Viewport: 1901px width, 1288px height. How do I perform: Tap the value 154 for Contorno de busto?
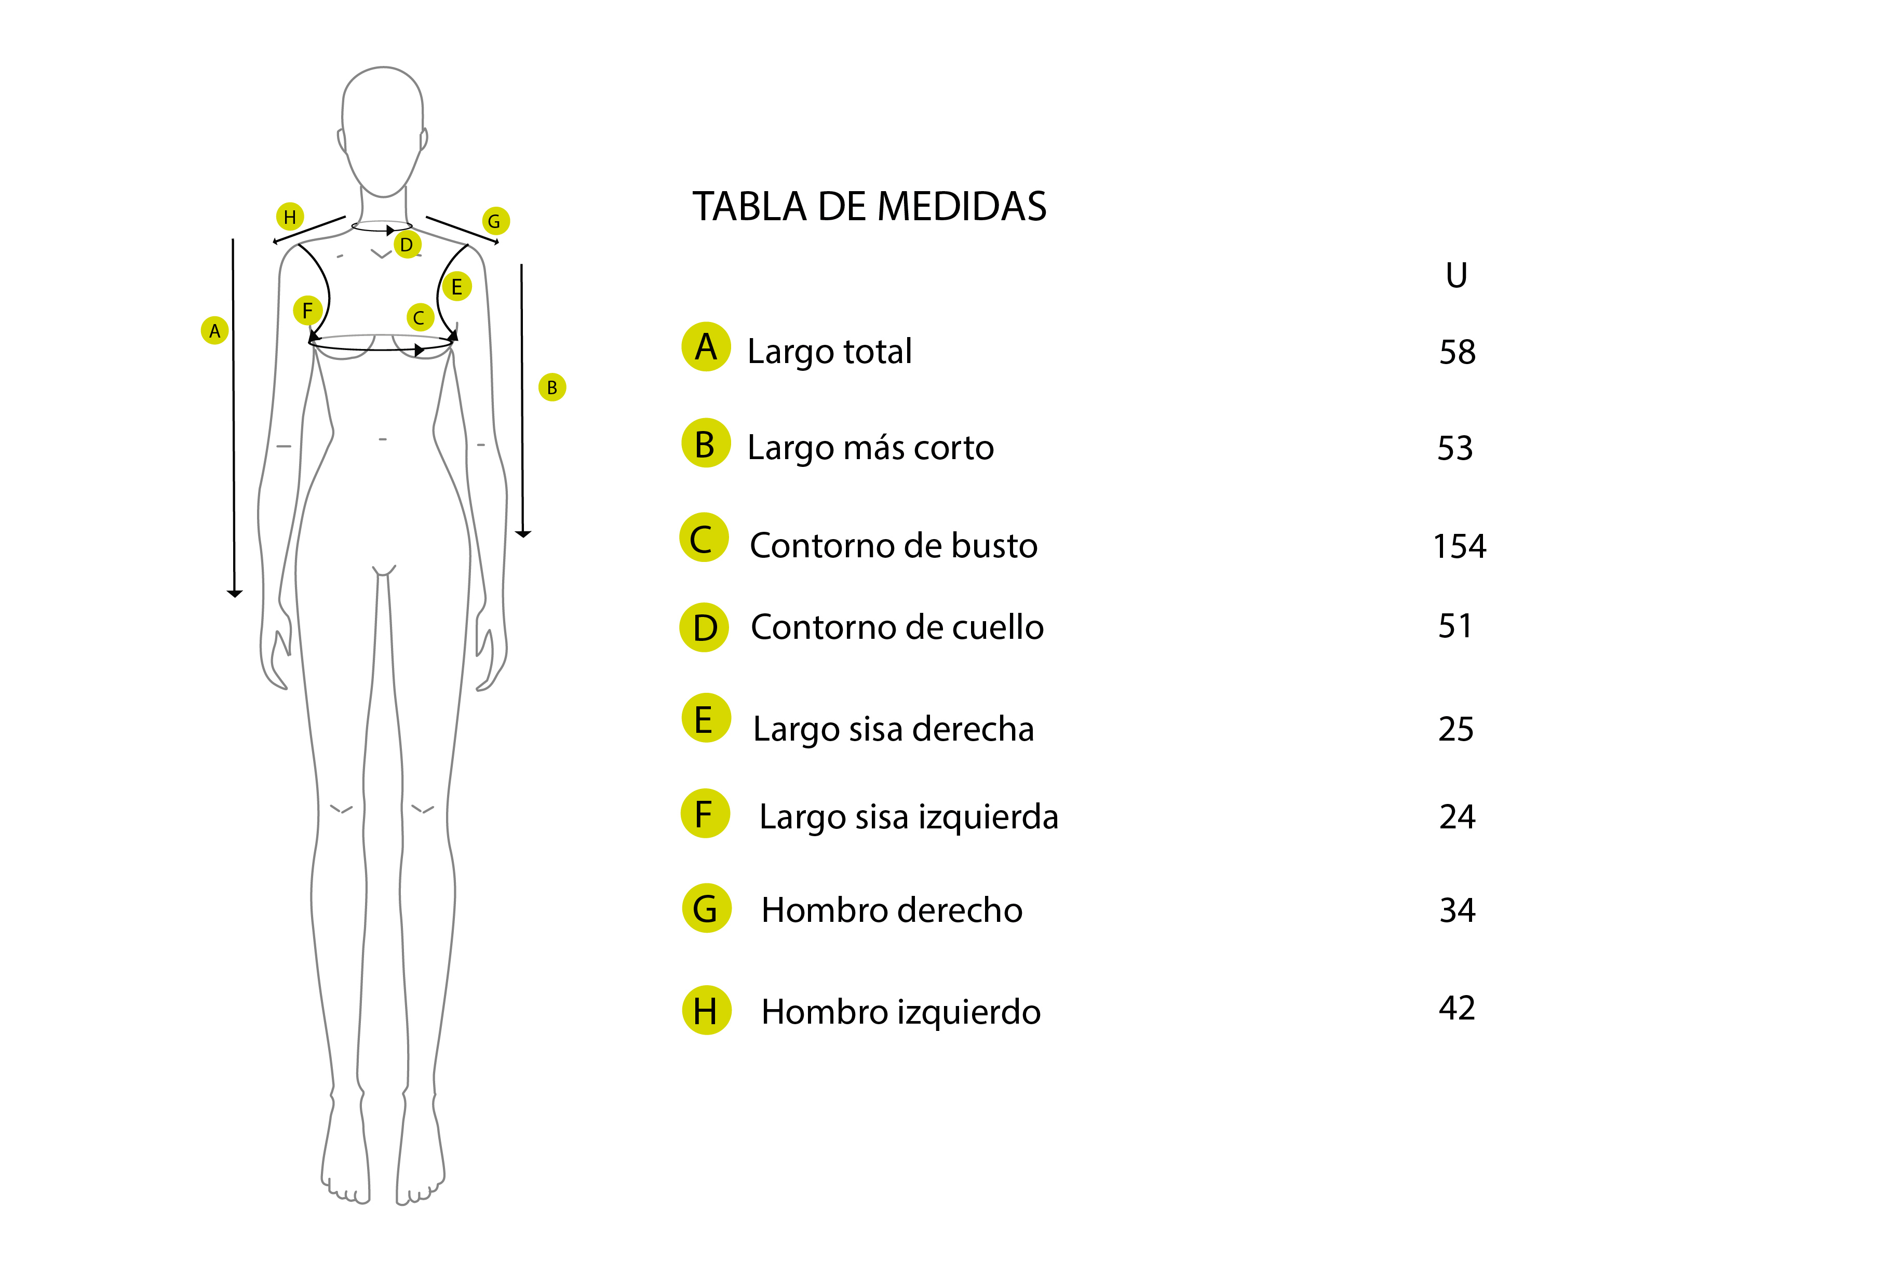1459,547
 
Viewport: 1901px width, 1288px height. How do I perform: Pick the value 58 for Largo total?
1457,353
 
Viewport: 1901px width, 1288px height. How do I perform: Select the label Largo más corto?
870,448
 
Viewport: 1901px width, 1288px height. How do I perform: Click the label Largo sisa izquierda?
909,817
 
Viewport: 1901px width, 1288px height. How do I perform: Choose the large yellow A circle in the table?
706,347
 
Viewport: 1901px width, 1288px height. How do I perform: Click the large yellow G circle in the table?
706,908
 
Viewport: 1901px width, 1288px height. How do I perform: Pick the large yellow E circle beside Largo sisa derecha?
706,718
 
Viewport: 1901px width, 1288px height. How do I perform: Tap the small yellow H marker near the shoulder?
290,217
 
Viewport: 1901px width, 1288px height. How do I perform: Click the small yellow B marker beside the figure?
552,387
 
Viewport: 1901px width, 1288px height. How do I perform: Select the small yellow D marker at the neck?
407,244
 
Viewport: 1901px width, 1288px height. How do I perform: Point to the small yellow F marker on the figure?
307,310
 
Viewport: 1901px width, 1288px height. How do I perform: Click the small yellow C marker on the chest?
419,317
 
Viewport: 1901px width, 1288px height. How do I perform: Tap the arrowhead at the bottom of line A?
235,594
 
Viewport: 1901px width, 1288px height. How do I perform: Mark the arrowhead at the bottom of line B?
523,534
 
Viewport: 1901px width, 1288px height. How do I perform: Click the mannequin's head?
383,131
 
